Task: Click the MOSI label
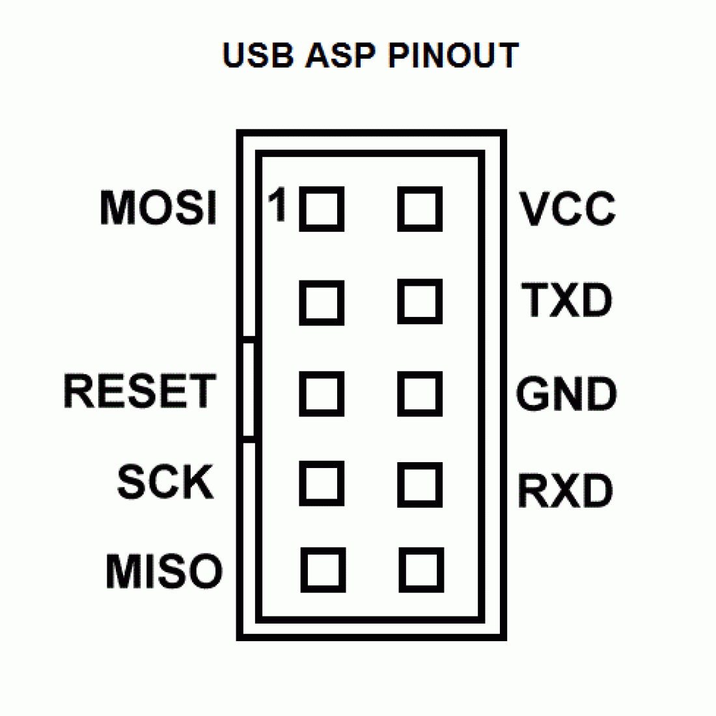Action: click(158, 208)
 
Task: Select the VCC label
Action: click(567, 209)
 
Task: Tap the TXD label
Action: click(567, 300)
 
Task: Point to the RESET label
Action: click(139, 391)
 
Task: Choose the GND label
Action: click(566, 394)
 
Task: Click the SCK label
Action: click(165, 482)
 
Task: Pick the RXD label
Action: click(565, 491)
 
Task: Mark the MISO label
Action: click(164, 571)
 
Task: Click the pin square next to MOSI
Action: click(322, 210)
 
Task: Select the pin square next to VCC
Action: click(420, 210)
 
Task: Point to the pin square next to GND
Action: click(420, 394)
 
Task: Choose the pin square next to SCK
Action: click(322, 484)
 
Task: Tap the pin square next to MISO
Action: click(323, 570)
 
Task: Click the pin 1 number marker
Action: click(278, 204)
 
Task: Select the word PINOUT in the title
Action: click(453, 55)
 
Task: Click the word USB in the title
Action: click(258, 55)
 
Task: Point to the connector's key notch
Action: click(248, 389)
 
